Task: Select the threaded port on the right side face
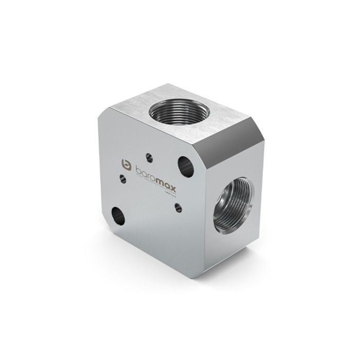click(235, 202)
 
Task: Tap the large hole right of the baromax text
click(186, 166)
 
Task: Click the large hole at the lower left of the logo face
click(118, 214)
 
